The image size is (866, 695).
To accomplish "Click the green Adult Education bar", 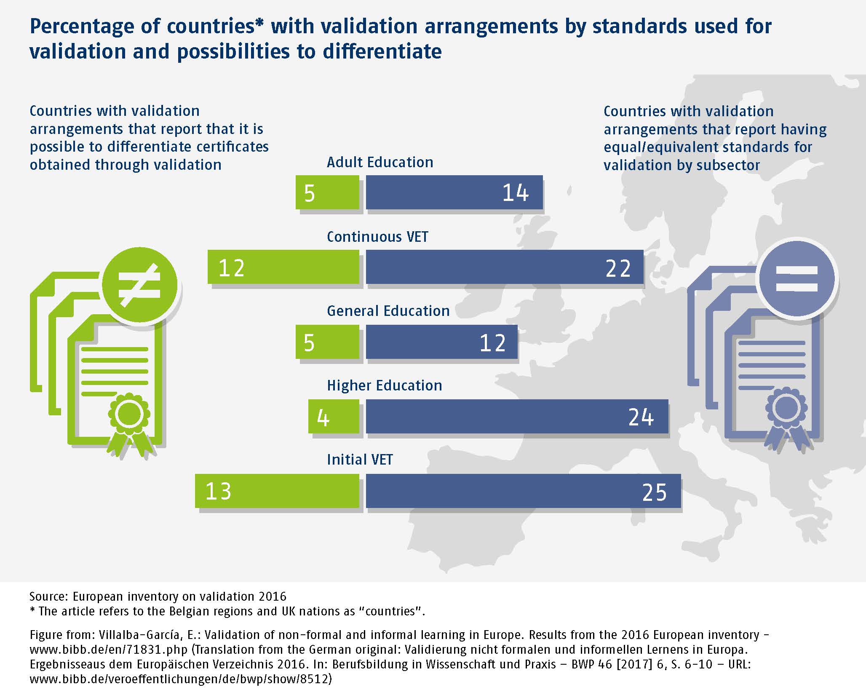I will tap(327, 192).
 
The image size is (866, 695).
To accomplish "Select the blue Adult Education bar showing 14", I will tap(454, 192).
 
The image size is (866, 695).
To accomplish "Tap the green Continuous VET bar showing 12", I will tap(283, 267).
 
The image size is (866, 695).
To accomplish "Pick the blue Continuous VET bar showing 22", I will tap(504, 267).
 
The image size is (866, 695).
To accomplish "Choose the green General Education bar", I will tap(327, 342).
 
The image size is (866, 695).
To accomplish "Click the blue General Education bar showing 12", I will tap(441, 342).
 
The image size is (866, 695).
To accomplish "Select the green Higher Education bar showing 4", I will tap(334, 416).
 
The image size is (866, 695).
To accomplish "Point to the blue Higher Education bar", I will tap(517, 416).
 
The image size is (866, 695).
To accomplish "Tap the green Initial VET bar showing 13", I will tap(277, 491).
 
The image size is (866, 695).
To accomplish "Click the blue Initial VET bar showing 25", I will tap(523, 491).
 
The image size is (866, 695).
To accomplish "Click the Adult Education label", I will tap(380, 162).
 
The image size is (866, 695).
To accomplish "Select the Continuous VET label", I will tap(377, 237).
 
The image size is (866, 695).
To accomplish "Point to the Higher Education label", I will tap(384, 385).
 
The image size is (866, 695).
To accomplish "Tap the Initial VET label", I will tap(360, 460).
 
